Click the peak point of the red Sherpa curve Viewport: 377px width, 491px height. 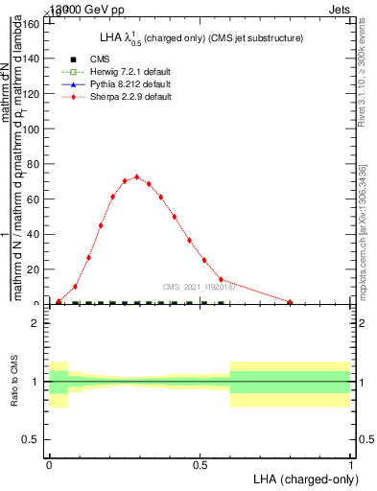pyautogui.click(x=137, y=176)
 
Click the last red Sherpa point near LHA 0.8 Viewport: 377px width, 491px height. pyautogui.click(x=290, y=302)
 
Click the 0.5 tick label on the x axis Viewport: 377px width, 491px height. pyautogui.click(x=200, y=464)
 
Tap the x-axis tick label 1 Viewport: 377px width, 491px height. pyautogui.click(x=351, y=464)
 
